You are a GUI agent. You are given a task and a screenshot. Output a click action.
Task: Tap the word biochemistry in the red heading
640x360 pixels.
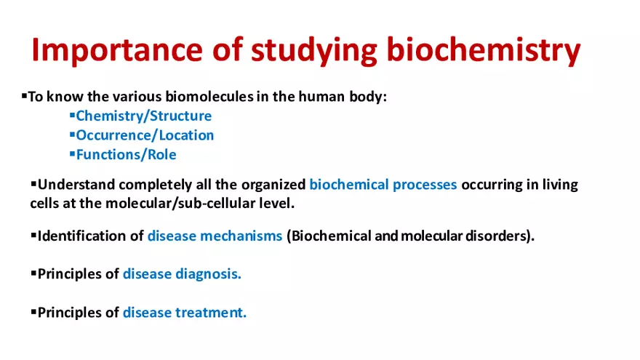pos(483,49)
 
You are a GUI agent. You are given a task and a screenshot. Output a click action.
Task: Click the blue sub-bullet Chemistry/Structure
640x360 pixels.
pos(144,116)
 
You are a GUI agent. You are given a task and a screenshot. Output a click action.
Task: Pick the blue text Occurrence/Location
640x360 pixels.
pos(145,135)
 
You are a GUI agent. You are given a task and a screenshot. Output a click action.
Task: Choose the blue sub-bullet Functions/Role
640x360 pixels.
pos(126,154)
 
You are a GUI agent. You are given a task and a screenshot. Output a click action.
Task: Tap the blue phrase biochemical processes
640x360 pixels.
pos(383,185)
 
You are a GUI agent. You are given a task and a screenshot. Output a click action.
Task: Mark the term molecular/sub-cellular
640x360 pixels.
pos(177,204)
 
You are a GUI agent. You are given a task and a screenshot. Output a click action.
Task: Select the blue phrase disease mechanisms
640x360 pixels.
pos(215,236)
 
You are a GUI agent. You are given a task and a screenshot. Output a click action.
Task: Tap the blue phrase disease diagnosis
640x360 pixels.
pos(182,274)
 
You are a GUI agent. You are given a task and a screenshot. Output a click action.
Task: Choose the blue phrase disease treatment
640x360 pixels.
pos(185,313)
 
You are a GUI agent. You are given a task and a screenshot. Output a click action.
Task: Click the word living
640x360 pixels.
pos(559,185)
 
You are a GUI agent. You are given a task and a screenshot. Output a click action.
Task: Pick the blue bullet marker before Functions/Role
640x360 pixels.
pos(72,153)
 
